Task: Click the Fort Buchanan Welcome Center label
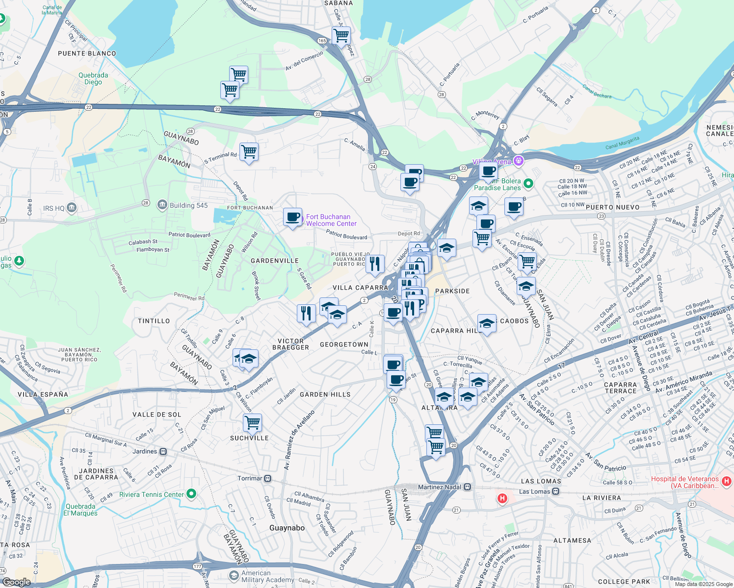(331, 220)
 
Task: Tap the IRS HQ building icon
(72, 208)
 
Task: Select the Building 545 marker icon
(162, 205)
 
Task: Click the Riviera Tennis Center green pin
(192, 494)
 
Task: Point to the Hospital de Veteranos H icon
(727, 482)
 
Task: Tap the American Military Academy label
(267, 576)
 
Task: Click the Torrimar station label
(250, 478)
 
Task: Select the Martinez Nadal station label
(440, 487)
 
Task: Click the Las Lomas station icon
(555, 491)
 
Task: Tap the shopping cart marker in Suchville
(252, 422)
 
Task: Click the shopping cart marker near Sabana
(341, 35)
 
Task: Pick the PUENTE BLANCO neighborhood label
(87, 53)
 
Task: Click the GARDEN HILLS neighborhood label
(325, 394)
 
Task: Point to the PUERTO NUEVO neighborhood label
(612, 207)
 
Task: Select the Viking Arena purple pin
(519, 161)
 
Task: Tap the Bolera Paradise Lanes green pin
(528, 184)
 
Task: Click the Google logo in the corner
(16, 582)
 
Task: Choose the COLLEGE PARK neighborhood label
(624, 582)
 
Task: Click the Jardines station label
(145, 451)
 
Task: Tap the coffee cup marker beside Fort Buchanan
(293, 217)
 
